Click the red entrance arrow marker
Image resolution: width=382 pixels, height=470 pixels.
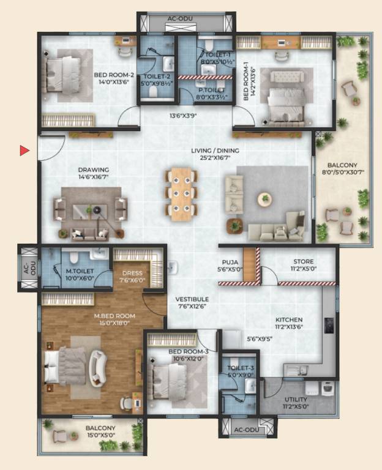click(x=24, y=151)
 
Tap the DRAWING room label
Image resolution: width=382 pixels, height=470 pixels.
click(x=94, y=170)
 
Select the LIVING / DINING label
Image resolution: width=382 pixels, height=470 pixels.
click(x=215, y=151)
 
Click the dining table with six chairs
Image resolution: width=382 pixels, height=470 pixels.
click(x=181, y=194)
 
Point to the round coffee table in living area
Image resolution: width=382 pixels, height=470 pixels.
click(x=264, y=198)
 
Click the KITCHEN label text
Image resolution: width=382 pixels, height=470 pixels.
click(x=289, y=320)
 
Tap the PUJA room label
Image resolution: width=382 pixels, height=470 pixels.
click(x=230, y=262)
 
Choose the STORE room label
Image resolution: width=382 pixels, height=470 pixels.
click(x=304, y=261)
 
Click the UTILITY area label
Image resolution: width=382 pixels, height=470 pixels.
click(x=296, y=399)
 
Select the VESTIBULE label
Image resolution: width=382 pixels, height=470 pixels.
click(x=192, y=299)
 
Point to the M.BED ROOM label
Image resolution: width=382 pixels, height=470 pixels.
click(x=114, y=316)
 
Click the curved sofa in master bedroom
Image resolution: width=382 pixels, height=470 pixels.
click(x=98, y=368)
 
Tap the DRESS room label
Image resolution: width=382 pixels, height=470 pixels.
click(x=132, y=273)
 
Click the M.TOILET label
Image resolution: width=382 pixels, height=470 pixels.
click(x=80, y=271)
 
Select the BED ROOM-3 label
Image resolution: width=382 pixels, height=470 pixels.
click(x=189, y=352)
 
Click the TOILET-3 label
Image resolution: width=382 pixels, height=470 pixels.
click(x=241, y=368)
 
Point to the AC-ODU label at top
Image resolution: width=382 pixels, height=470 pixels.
click(x=180, y=18)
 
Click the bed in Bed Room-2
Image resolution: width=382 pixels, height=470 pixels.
click(x=62, y=75)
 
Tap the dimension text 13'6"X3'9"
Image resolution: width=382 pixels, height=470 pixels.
click(x=183, y=116)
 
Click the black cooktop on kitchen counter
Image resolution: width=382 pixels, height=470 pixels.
click(x=329, y=326)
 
